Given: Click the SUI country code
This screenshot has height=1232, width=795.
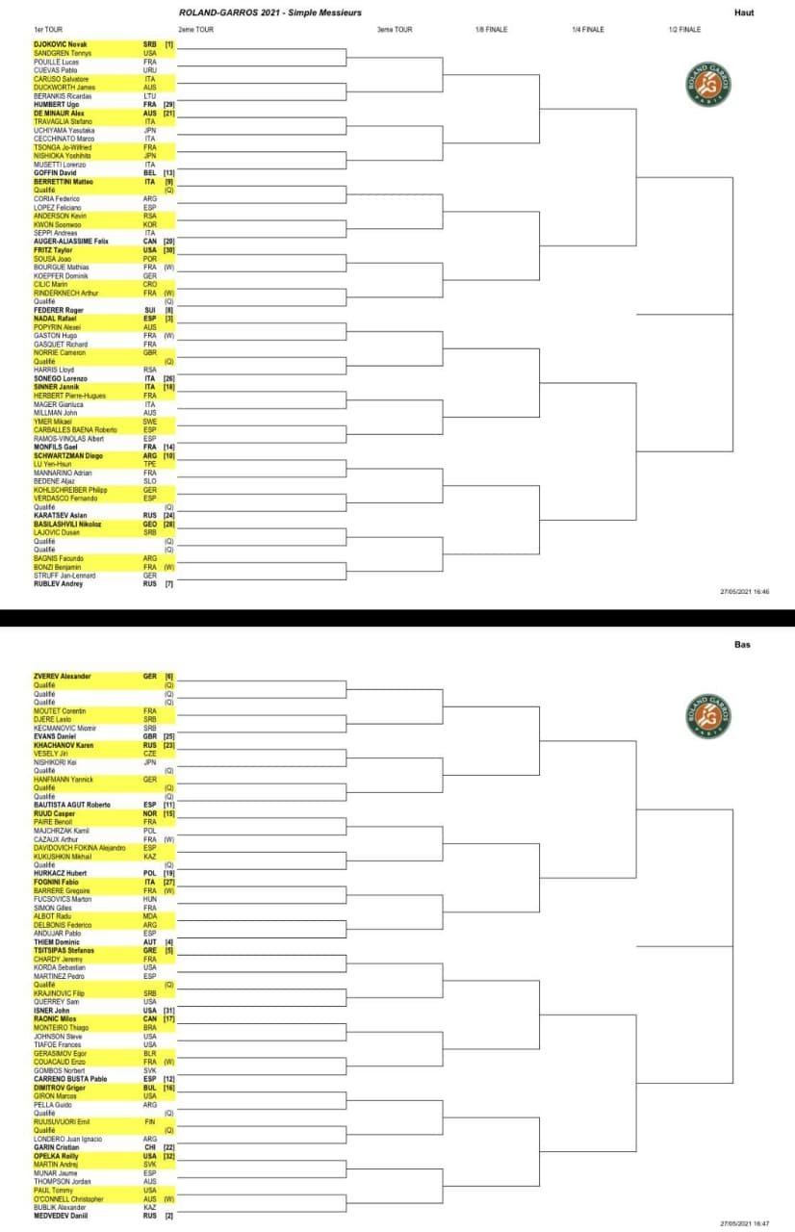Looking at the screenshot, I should point(149,310).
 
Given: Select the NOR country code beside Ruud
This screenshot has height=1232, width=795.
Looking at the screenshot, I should point(149,813).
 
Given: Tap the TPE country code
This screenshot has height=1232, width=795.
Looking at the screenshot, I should point(149,465).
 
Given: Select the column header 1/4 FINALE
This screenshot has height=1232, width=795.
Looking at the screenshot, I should point(587,30).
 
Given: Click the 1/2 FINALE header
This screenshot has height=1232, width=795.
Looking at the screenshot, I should point(684,30).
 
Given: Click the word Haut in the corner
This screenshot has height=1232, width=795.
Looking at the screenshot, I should point(743,13).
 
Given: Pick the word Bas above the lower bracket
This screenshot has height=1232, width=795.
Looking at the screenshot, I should point(741,645).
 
